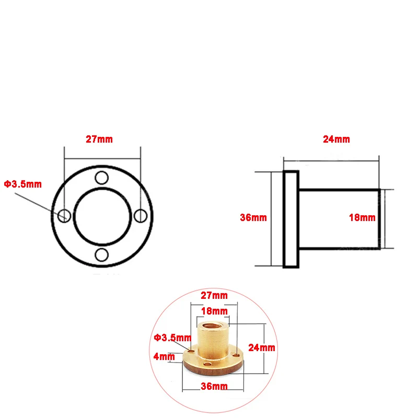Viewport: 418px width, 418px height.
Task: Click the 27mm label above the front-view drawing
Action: click(x=99, y=140)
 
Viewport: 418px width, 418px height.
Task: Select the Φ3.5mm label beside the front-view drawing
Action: click(x=23, y=184)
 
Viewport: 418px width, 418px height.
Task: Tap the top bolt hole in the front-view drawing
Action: click(x=102, y=177)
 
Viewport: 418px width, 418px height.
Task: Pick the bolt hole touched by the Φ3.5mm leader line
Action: click(x=64, y=215)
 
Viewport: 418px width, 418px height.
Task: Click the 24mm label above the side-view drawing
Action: click(x=336, y=140)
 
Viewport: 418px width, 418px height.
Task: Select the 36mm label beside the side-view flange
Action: click(x=252, y=217)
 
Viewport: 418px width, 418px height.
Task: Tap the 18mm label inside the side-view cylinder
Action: click(x=362, y=217)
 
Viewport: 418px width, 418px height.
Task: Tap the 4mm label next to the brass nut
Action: click(x=164, y=357)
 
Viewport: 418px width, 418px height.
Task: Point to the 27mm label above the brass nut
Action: click(x=215, y=295)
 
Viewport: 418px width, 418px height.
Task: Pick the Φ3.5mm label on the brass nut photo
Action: click(x=172, y=338)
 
